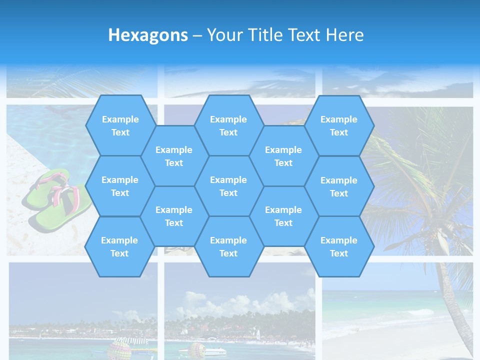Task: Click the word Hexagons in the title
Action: [x=148, y=35]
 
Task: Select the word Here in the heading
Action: [x=344, y=35]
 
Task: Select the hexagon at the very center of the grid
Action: [x=228, y=186]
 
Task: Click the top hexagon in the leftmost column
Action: [x=120, y=125]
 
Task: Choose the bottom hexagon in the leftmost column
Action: [x=119, y=246]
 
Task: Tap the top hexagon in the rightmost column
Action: [x=339, y=125]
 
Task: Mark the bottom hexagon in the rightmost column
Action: [x=339, y=246]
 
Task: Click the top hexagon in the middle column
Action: [x=228, y=125]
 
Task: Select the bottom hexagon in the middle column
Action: [x=228, y=246]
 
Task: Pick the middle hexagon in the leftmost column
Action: [x=120, y=186]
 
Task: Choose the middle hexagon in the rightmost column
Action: [x=339, y=186]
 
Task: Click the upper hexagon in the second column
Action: [x=174, y=156]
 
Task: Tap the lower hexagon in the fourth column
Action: [x=283, y=216]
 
